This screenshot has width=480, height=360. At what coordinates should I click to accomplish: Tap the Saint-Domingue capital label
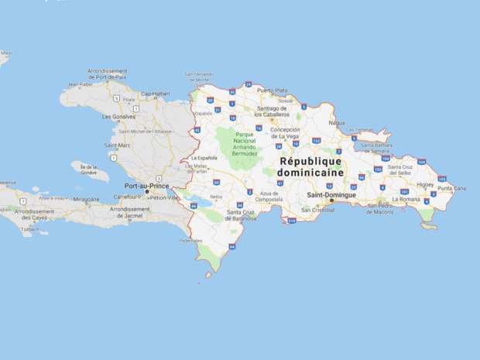[x=331, y=194]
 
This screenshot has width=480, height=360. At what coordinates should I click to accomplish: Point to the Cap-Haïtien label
[x=155, y=94]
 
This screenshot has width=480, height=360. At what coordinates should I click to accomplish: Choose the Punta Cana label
[x=451, y=188]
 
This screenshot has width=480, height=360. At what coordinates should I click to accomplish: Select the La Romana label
[x=406, y=199]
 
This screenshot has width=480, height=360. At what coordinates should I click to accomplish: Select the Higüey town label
[x=425, y=185]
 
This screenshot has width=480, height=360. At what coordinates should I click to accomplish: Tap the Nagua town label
[x=337, y=122]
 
